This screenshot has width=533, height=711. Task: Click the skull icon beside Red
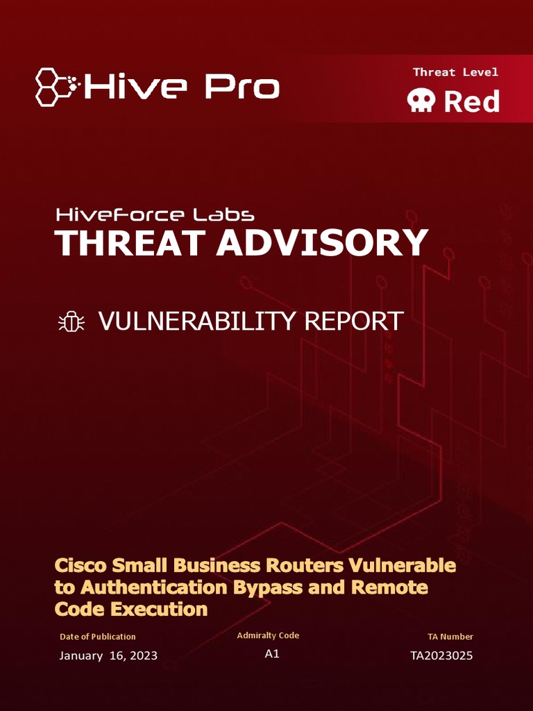[422, 102]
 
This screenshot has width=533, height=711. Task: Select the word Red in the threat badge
[471, 102]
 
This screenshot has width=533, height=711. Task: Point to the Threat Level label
[455, 72]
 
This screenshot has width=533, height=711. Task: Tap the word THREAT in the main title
[130, 243]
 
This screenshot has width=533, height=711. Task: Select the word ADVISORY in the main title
[321, 243]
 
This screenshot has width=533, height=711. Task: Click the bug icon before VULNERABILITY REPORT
[71, 321]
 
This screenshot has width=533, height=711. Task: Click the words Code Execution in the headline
[131, 610]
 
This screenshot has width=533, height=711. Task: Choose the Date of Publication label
[98, 637]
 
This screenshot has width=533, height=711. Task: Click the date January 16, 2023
[108, 655]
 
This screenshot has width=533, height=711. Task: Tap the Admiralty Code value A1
[272, 654]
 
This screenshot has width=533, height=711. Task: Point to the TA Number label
[450, 637]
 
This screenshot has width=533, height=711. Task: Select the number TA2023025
[441, 655]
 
